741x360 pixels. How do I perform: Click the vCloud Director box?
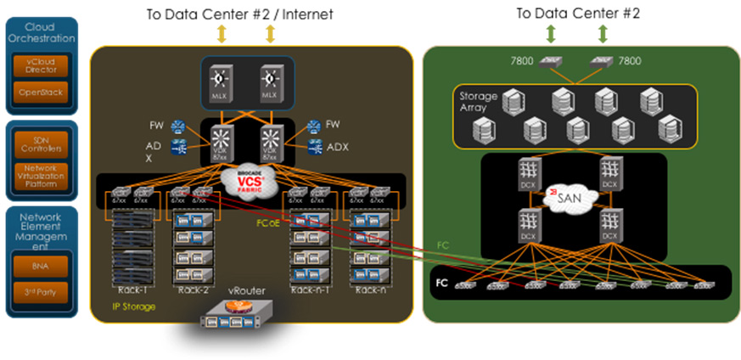click(41, 65)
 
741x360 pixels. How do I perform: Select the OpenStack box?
click(41, 93)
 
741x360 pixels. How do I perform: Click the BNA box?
click(41, 266)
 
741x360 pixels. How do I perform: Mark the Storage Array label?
click(478, 101)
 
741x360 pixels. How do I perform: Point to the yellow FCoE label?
click(267, 224)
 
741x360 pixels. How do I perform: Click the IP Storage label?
click(134, 306)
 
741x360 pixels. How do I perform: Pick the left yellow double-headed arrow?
click(222, 34)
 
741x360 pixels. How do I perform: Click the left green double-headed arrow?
click(551, 34)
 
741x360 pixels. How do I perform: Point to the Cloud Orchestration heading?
click(41, 32)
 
